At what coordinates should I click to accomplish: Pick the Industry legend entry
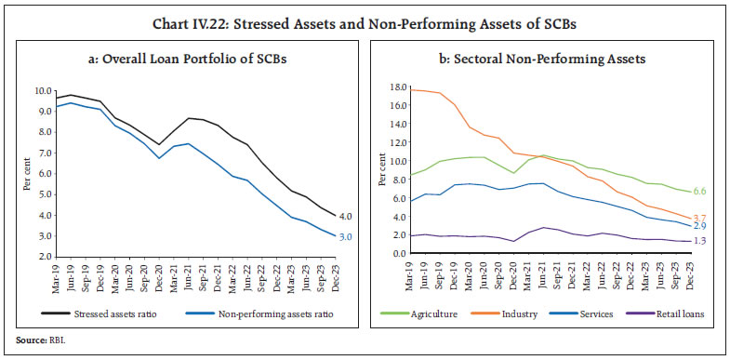[x=517, y=313]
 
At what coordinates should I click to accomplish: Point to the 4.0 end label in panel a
[x=346, y=215]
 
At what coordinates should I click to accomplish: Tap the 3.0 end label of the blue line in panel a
[x=346, y=237]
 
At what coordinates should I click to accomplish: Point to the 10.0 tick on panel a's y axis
[x=44, y=91]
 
